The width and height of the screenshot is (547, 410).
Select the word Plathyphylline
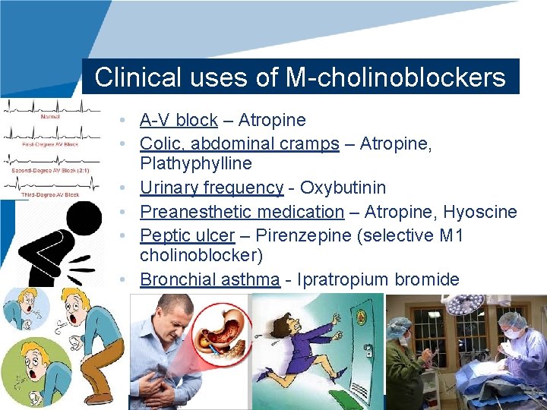(196, 164)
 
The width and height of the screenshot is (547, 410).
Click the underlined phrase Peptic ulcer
(188, 235)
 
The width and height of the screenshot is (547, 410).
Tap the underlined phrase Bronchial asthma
(210, 279)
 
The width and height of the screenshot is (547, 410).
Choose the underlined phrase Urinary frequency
(211, 188)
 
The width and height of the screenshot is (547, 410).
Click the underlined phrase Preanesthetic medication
(242, 212)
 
